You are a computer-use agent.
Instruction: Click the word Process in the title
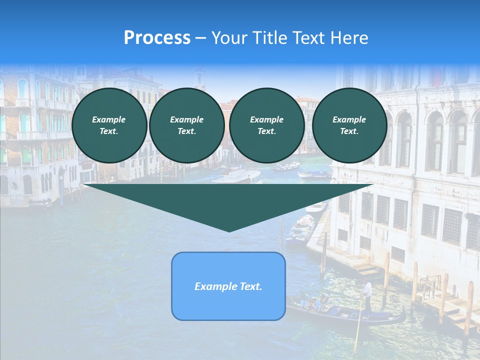(157, 38)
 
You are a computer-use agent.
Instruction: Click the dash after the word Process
(201, 38)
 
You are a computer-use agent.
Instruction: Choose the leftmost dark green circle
(109, 125)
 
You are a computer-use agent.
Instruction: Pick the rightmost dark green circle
(349, 125)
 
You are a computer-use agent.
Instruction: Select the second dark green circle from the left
(186, 125)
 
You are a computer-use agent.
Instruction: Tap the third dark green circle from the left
(267, 125)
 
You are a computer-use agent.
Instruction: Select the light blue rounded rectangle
(228, 286)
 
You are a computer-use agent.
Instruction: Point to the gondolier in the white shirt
(368, 295)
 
